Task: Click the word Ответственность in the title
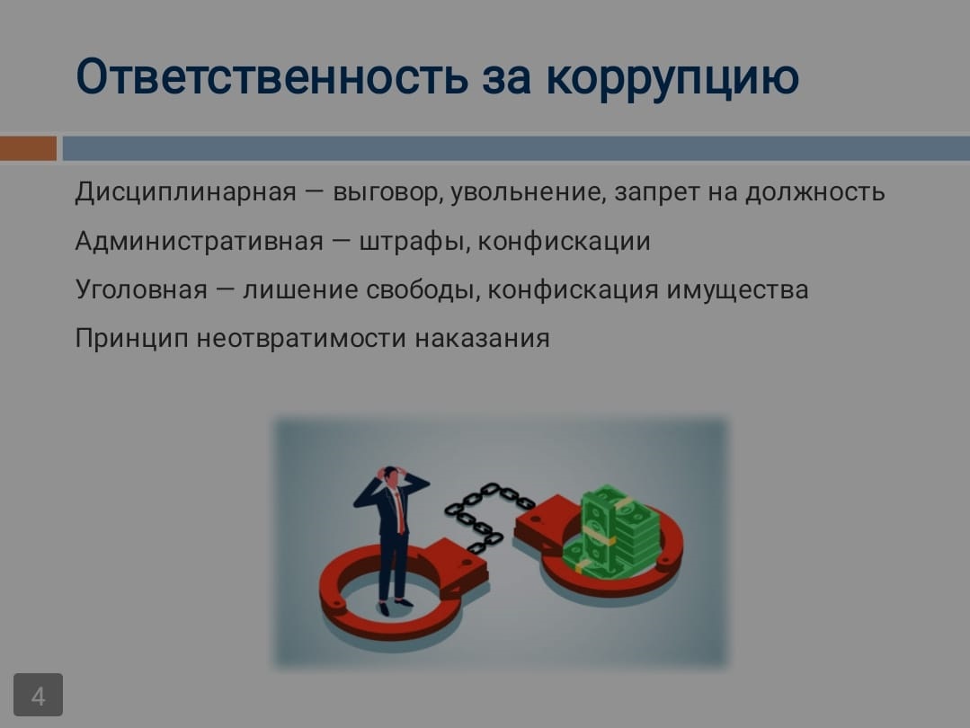pyautogui.click(x=272, y=76)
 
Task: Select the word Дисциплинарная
pyautogui.click(x=185, y=192)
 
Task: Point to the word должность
pyautogui.click(x=814, y=192)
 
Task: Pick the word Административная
pyautogui.click(x=200, y=241)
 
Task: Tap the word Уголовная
pyautogui.click(x=141, y=289)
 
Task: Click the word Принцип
pyautogui.click(x=131, y=339)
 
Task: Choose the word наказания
pyautogui.click(x=482, y=339)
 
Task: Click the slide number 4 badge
pyautogui.click(x=39, y=695)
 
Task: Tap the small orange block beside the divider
pyautogui.click(x=28, y=148)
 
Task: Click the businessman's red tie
pyautogui.click(x=399, y=511)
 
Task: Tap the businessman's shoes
pyautogui.click(x=395, y=604)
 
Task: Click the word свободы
pyautogui.click(x=423, y=290)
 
